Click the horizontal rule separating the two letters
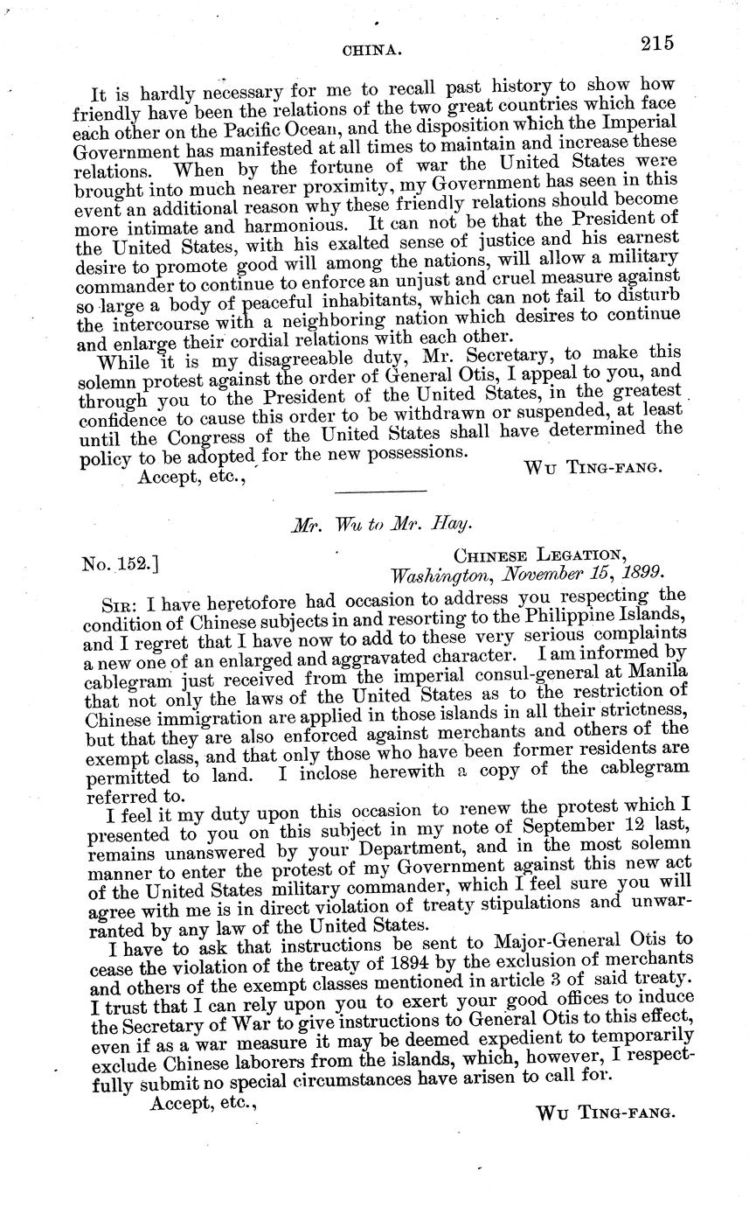[x=380, y=491]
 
